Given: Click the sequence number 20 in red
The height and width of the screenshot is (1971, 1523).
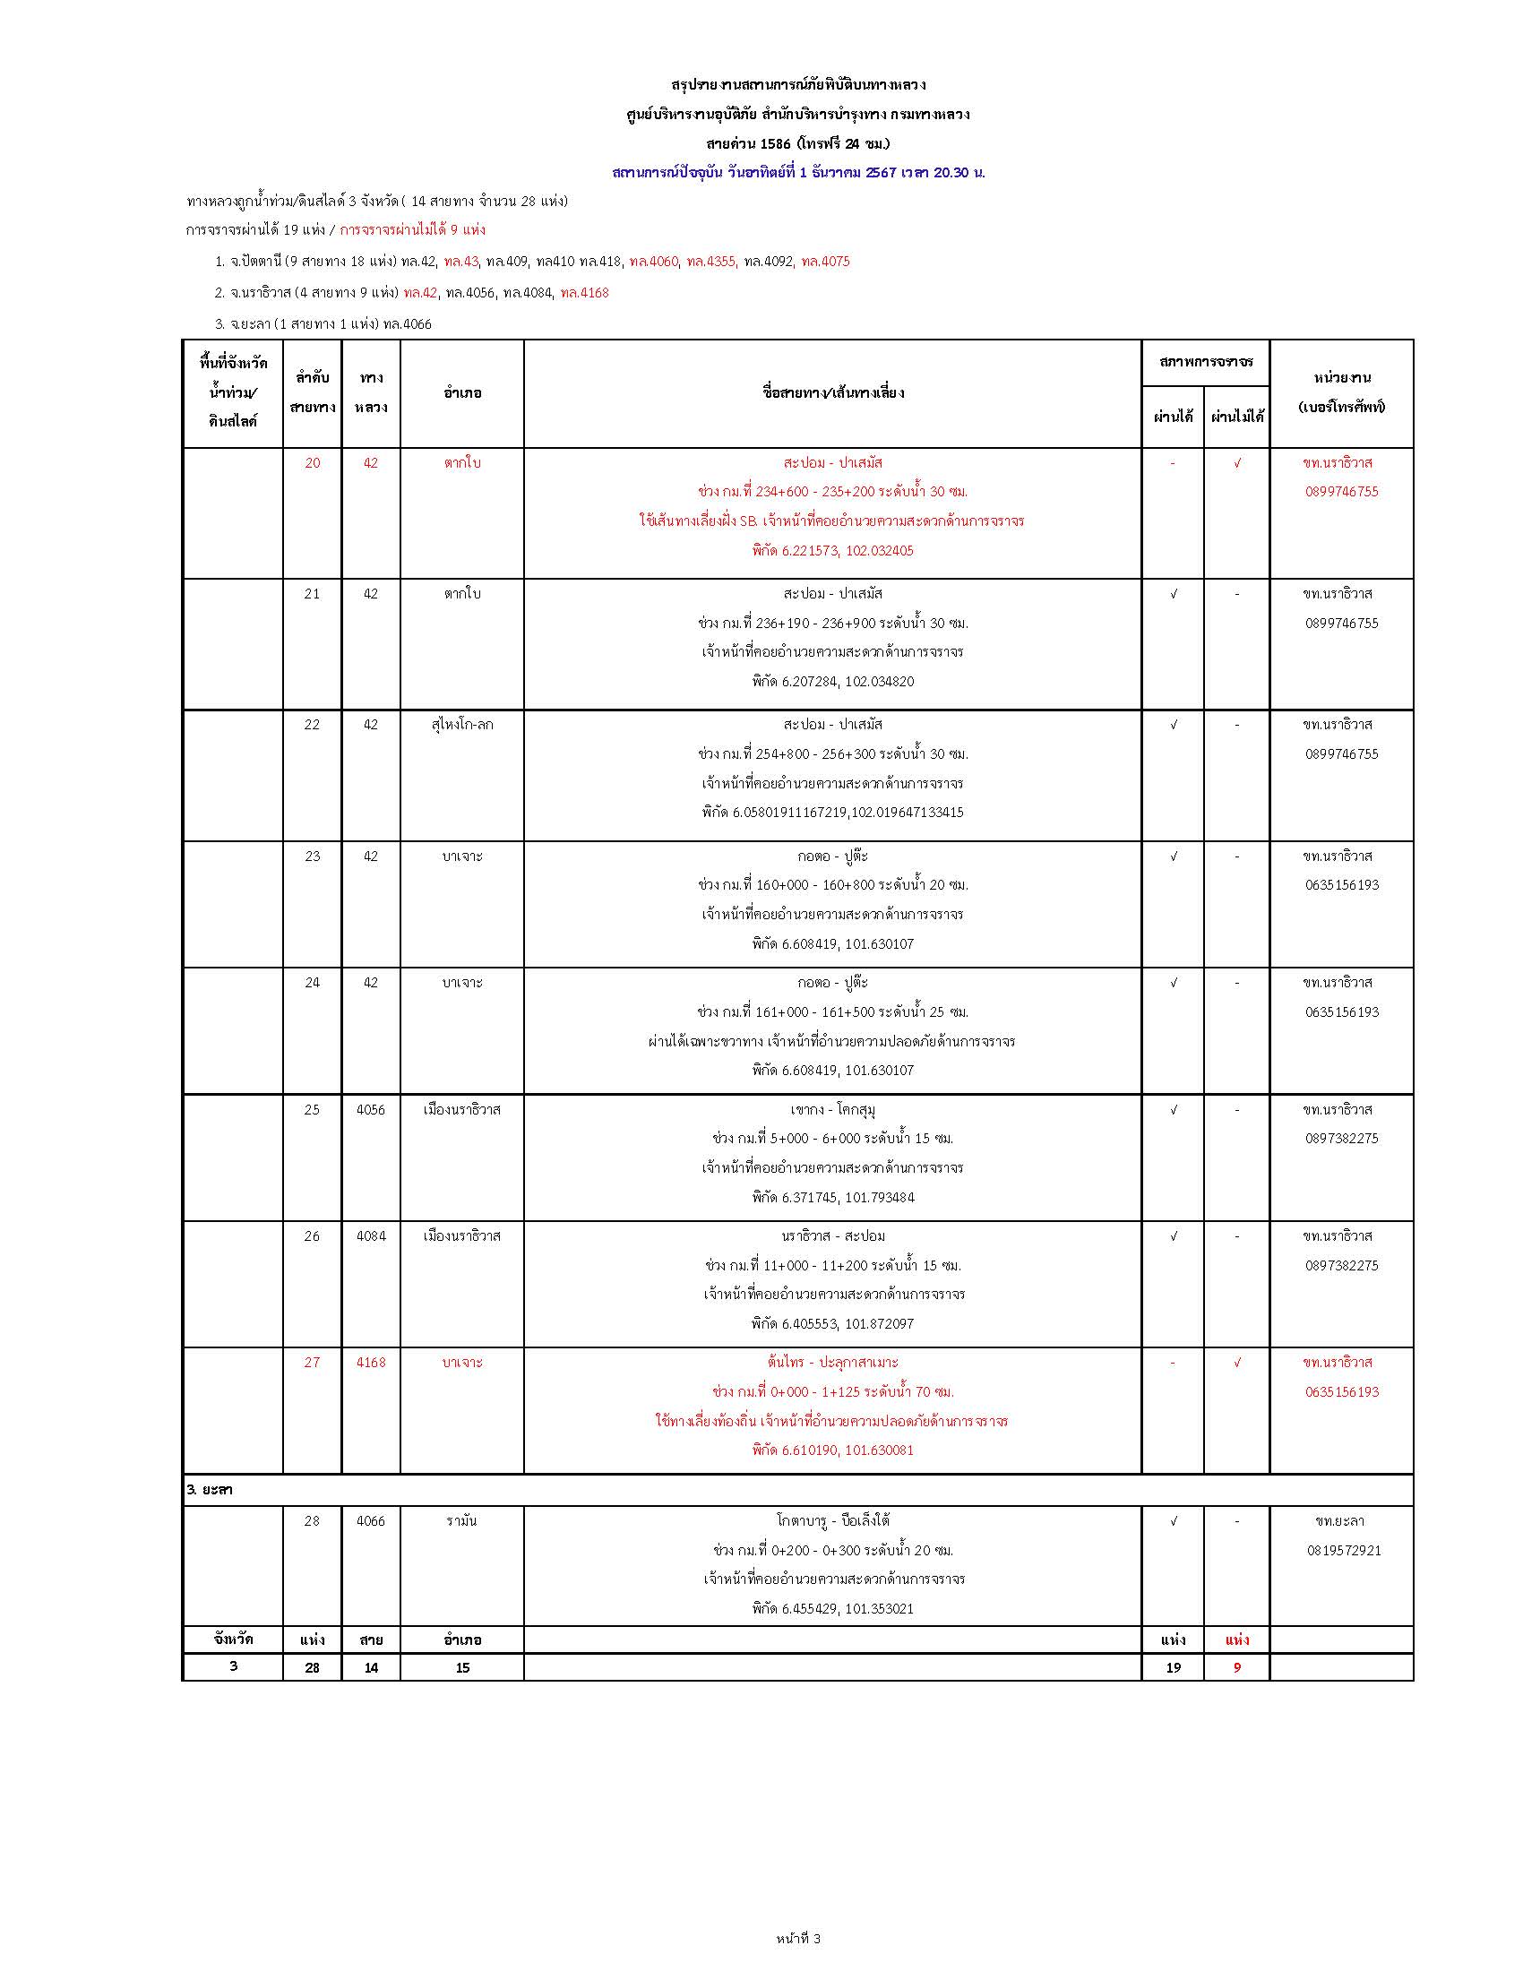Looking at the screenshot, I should point(312,463).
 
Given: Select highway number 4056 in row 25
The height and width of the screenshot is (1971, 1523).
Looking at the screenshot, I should point(371,1109).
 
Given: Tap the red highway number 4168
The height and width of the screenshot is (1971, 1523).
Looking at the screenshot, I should point(371,1362).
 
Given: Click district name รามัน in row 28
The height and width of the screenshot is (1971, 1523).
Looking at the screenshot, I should point(462,1520).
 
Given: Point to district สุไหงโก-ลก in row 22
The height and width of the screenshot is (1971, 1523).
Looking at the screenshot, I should point(462,725).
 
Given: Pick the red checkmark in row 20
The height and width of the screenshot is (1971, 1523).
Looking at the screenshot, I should point(1237,463).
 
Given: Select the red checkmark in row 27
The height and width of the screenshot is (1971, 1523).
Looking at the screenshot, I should point(1237,1362).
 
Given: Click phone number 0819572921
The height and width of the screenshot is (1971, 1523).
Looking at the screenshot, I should point(1342,1551).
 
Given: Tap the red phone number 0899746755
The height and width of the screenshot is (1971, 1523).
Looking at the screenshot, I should point(1342,492).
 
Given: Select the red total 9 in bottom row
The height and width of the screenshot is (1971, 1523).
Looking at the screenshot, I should point(1237,1668).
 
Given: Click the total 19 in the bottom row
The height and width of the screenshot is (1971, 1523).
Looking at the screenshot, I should point(1173,1668).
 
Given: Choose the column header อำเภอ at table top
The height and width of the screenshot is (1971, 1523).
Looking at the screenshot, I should point(462,393).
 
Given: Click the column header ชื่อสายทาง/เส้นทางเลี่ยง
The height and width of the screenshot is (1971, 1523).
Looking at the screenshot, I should point(833,393).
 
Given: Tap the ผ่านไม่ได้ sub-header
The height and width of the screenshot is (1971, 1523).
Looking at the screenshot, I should point(1237,417).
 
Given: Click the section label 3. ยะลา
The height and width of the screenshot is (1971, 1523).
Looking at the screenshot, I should point(210,1490).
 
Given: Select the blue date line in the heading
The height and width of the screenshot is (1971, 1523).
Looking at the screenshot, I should point(797,172).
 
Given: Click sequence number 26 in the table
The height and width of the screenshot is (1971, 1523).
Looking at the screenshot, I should point(312,1235).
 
